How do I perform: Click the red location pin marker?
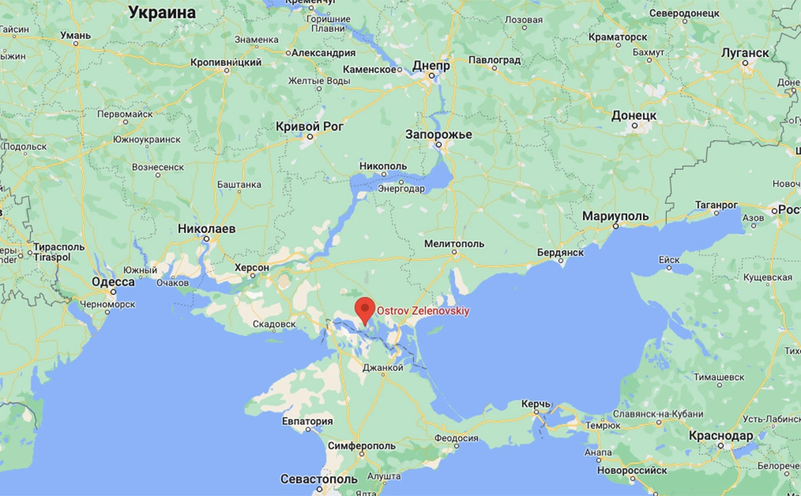point(365,309)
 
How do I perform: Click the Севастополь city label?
point(319,479)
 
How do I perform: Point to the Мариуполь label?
point(616,216)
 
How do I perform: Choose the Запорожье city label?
point(439,135)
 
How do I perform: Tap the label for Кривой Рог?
point(310,126)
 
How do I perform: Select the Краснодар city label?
point(720,436)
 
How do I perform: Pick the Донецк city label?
point(634,116)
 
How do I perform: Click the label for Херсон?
point(252,268)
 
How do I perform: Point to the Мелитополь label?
point(454,243)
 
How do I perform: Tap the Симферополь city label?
point(361,446)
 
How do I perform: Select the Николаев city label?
point(206,229)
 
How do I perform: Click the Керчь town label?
point(536,404)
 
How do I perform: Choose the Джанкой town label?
point(383,368)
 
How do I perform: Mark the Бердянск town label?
point(561,252)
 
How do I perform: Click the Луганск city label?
point(745,53)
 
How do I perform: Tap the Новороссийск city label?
point(632,470)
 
